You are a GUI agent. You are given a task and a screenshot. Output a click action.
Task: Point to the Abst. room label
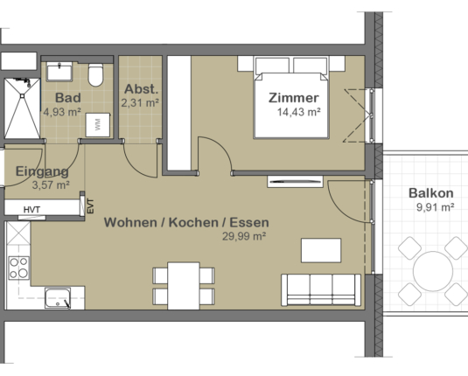tap(140, 89)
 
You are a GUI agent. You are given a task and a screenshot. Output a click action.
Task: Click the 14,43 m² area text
tap(298, 112)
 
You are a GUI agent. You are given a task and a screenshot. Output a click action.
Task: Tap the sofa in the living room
tap(319, 289)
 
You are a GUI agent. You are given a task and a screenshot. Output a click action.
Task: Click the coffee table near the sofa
tap(321, 250)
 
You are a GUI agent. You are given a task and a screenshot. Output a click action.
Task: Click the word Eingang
tap(41, 172)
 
